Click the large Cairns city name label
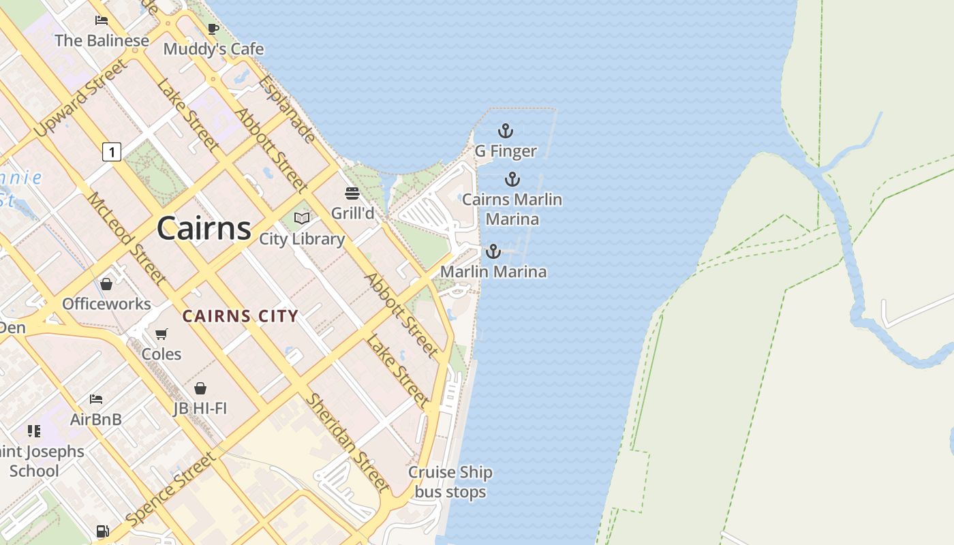click(x=204, y=228)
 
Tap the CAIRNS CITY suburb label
click(x=241, y=316)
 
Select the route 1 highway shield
click(x=112, y=151)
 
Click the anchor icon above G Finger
click(x=505, y=131)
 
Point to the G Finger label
click(x=506, y=151)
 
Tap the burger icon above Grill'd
click(x=352, y=193)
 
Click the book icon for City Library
click(x=302, y=219)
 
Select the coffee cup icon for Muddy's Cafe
click(x=213, y=29)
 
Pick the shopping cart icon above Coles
click(x=161, y=334)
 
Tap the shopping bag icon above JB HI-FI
click(x=200, y=388)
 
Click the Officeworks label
click(x=106, y=304)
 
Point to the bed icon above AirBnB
click(x=96, y=399)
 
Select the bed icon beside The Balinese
click(x=102, y=20)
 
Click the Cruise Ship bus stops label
click(x=450, y=482)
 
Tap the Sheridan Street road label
click(x=347, y=442)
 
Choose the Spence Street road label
click(x=171, y=488)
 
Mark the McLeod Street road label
click(x=126, y=238)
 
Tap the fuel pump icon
click(x=102, y=531)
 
